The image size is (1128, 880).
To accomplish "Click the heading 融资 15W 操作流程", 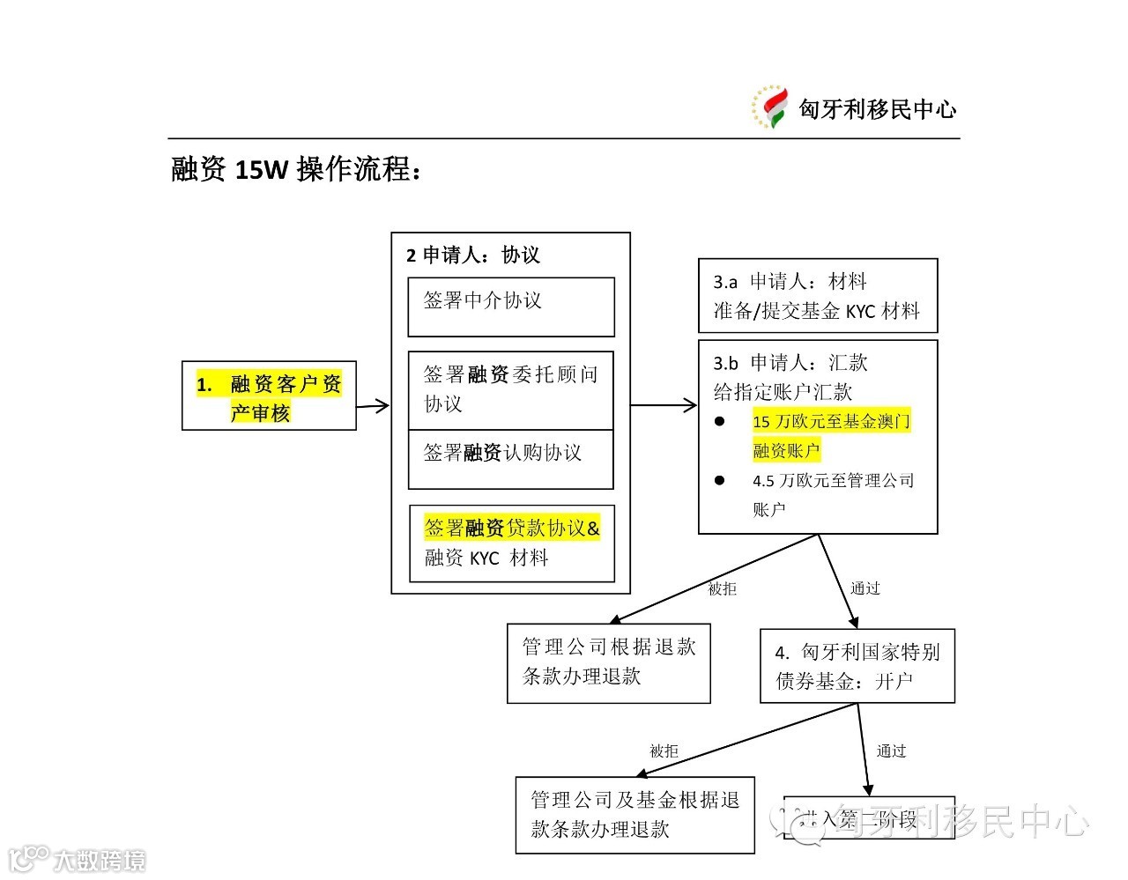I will [296, 169].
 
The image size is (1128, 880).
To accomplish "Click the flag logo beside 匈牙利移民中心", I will [769, 107].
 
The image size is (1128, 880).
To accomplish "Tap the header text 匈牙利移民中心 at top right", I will [877, 109].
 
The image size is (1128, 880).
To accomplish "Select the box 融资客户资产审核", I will [269, 396].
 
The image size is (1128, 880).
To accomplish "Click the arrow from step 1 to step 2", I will [373, 406].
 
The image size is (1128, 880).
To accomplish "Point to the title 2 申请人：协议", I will [472, 255].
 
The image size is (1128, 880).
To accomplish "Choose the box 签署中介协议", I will [510, 307].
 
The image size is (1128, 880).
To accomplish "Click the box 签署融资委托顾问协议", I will [510, 389].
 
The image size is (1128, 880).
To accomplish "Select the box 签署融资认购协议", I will [510, 458].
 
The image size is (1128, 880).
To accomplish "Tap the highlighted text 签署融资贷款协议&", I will [512, 528].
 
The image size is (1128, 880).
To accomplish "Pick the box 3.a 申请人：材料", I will [817, 296].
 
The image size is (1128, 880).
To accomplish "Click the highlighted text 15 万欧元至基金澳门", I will [831, 421].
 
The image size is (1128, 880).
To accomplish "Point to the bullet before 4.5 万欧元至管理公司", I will [720, 481].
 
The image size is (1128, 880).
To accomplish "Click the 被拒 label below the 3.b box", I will [722, 588].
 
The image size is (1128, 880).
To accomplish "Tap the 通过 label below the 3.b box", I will [865, 588].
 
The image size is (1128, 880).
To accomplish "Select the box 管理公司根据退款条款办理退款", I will [608, 662].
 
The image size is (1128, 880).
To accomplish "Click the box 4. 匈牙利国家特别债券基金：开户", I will [857, 666].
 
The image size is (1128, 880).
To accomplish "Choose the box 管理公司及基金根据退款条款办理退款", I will [634, 815].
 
